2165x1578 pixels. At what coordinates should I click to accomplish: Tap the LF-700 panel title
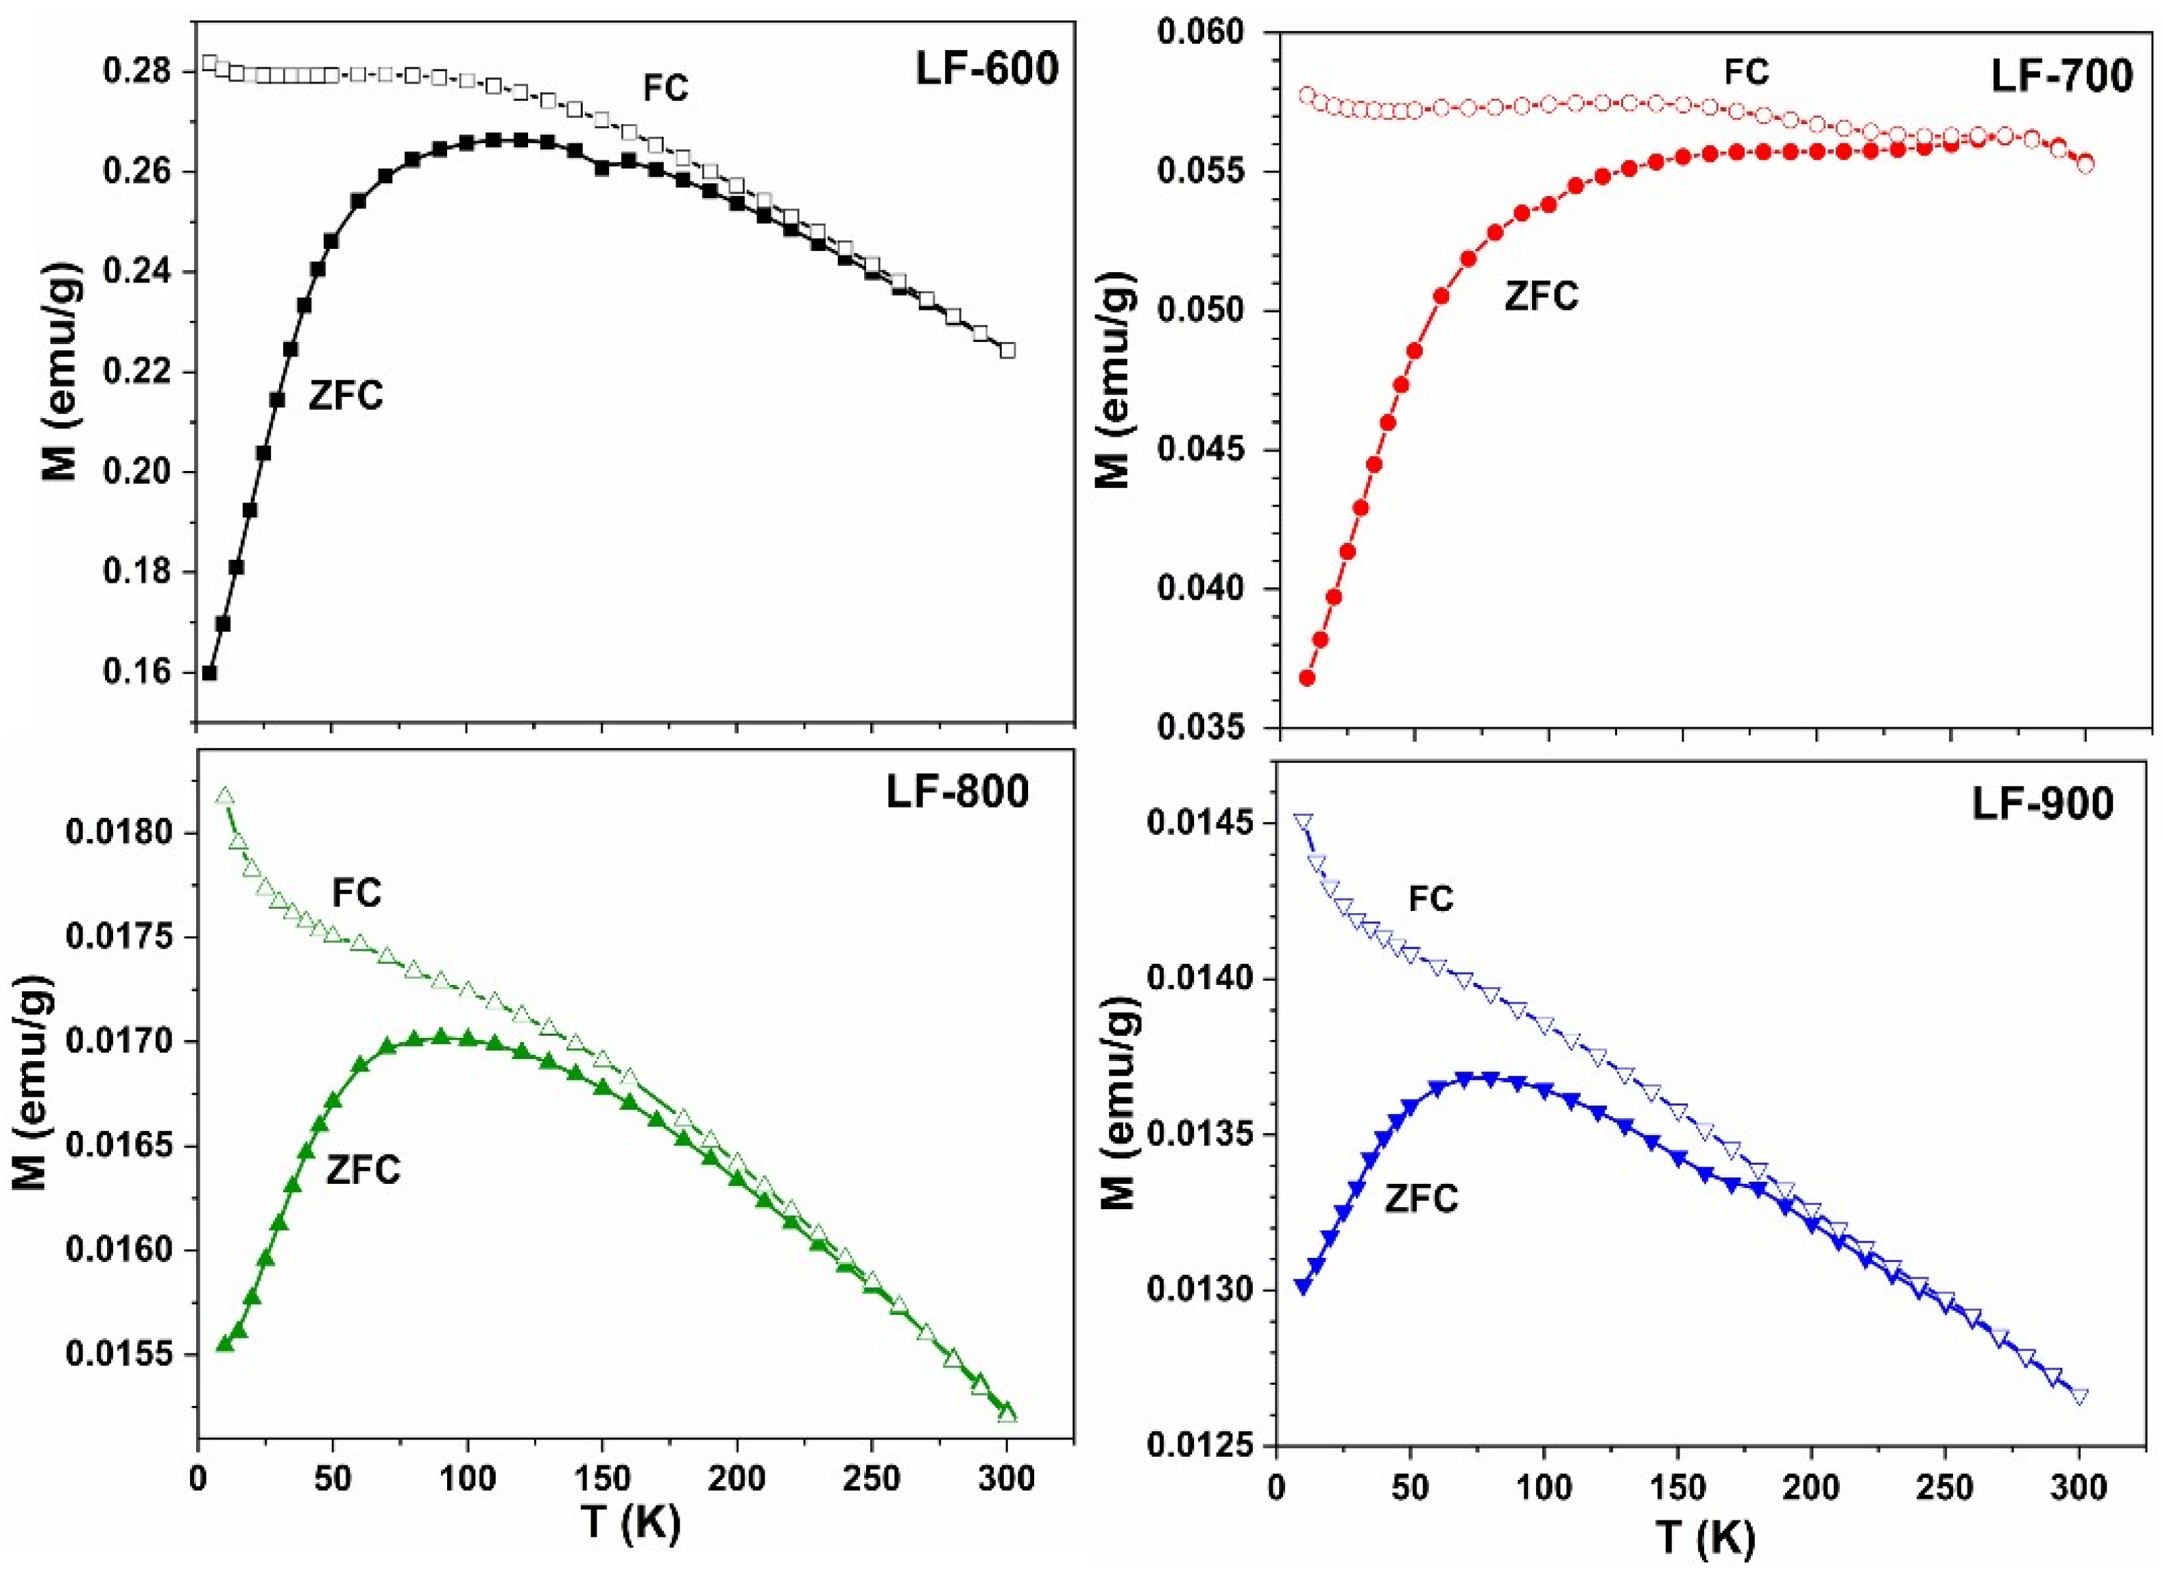click(x=2062, y=75)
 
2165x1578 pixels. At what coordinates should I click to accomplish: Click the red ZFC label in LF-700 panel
click(x=1541, y=296)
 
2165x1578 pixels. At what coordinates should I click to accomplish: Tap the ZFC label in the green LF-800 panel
click(x=363, y=1169)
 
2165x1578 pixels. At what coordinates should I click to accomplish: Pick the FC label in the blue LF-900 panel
click(x=1431, y=899)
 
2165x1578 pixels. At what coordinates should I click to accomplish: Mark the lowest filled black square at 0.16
click(x=209, y=672)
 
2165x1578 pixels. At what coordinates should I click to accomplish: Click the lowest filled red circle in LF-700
click(x=1307, y=678)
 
